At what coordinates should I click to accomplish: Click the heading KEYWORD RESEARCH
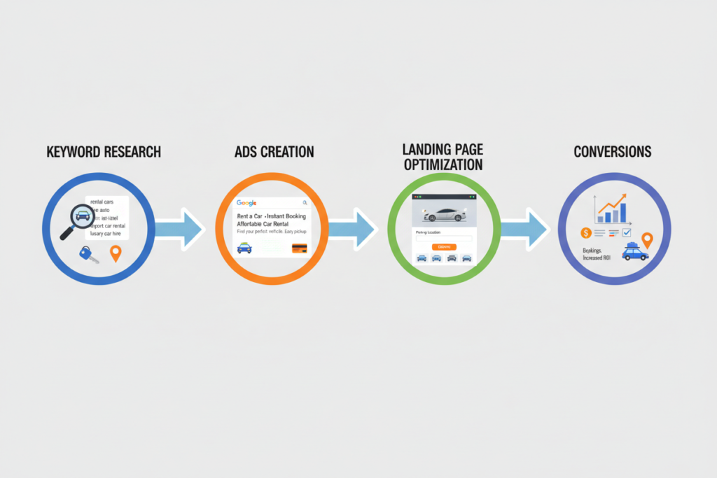point(104,152)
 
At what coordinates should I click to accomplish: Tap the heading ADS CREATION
point(275,152)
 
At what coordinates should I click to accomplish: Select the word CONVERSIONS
point(612,152)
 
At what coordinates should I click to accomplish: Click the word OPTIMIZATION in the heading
point(443,165)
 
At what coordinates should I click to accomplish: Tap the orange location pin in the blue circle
point(116,253)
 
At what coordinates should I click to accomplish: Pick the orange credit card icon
point(300,248)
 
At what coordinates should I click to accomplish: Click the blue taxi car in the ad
point(244,247)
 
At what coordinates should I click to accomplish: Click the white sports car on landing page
point(443,213)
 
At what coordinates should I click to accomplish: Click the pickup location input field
point(443,239)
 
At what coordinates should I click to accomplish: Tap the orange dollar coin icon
point(585,232)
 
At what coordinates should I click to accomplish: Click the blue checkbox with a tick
point(627,232)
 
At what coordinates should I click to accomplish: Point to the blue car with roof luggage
point(634,253)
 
